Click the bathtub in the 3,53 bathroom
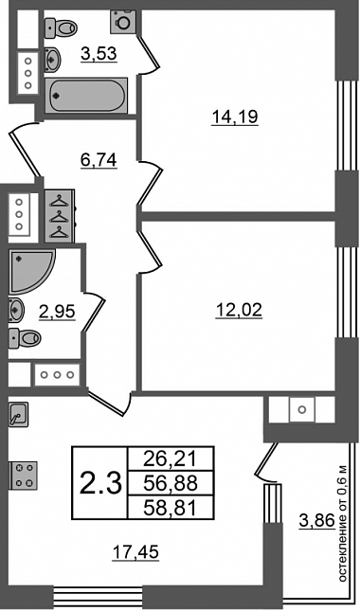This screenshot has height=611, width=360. [x=86, y=96]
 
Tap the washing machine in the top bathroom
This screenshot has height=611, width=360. [x=123, y=22]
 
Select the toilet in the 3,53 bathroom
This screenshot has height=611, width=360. [x=61, y=27]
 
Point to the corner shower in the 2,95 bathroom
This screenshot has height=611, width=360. [x=31, y=271]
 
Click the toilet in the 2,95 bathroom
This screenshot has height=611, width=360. [x=25, y=337]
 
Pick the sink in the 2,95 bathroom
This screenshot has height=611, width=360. [x=16, y=310]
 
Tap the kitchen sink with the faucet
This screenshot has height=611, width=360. [x=18, y=415]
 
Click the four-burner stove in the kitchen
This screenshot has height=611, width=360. [x=23, y=476]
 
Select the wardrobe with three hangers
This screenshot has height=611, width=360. [x=60, y=216]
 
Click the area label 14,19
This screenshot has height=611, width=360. [x=235, y=117]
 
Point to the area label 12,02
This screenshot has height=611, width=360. [x=240, y=311]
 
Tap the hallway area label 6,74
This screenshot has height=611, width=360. [x=99, y=160]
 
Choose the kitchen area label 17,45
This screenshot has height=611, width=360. [x=136, y=551]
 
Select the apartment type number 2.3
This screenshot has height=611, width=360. [x=101, y=483]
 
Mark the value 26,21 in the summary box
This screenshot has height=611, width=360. [x=171, y=459]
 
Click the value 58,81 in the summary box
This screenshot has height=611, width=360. [x=171, y=508]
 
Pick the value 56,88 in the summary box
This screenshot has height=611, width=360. [x=171, y=483]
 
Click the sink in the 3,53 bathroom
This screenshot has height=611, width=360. [x=53, y=60]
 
